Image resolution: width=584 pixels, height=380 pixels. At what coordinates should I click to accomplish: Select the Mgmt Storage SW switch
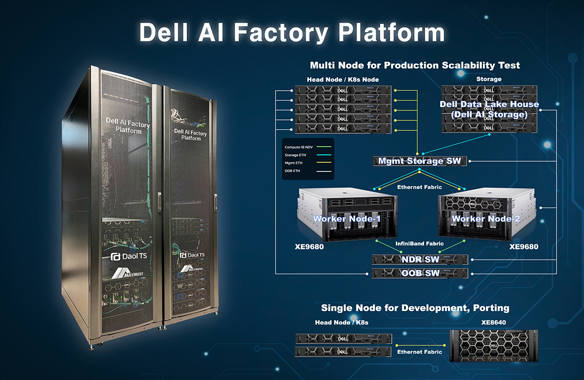pos(419,161)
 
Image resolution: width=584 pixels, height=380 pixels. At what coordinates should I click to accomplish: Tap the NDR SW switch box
pos(419,259)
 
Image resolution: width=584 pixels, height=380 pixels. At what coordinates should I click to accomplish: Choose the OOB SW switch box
pos(419,273)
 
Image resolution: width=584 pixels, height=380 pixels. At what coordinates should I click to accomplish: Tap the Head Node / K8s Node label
pos(343,80)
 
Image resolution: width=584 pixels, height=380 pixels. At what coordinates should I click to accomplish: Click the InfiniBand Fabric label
pos(419,243)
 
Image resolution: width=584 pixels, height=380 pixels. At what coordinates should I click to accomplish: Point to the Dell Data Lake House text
pos(489,105)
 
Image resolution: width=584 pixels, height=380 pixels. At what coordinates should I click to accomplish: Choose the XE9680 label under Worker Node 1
pos(309,247)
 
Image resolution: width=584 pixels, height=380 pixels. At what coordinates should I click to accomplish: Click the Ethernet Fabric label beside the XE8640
pos(419,352)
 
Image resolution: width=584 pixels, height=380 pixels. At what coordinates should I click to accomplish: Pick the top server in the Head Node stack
pos(343,91)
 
